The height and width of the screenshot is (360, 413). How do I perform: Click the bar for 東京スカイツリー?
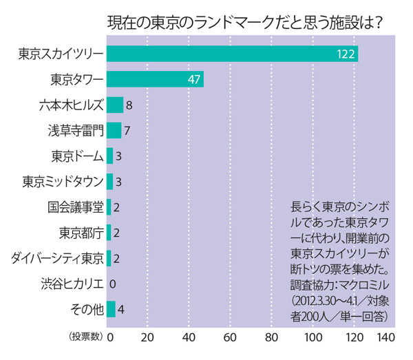pyautogui.click(x=232, y=54)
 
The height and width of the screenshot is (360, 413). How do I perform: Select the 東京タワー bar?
pyautogui.click(x=155, y=79)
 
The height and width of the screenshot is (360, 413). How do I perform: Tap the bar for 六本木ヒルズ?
pyautogui.click(x=115, y=105)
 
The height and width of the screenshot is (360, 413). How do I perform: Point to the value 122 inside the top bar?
pyautogui.click(x=346, y=54)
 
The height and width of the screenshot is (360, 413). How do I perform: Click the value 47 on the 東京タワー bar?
pyautogui.click(x=193, y=80)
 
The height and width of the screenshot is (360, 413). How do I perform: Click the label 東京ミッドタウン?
pyautogui.click(x=63, y=182)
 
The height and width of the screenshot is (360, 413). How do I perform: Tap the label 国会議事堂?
pyautogui.click(x=76, y=207)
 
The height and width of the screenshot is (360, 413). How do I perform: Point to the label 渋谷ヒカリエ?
pyautogui.click(x=72, y=284)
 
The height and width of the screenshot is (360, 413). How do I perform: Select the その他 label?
pyautogui.click(x=87, y=309)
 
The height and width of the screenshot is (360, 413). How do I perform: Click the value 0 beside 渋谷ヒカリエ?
pyautogui.click(x=112, y=284)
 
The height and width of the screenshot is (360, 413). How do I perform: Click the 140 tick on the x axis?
pyautogui.click(x=385, y=338)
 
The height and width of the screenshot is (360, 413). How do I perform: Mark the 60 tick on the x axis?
pyautogui.click(x=231, y=338)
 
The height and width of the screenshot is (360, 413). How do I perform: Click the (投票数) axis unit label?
pyautogui.click(x=86, y=338)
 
